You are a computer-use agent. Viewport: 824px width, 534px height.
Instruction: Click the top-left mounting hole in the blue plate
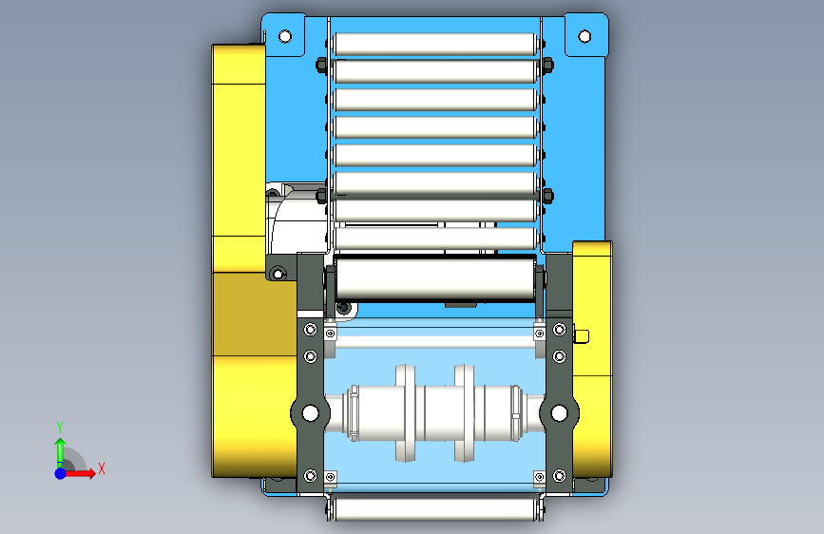point(285,36)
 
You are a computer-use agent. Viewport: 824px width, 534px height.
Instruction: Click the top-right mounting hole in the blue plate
point(584,36)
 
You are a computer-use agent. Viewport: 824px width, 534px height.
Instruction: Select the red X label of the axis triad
point(102,468)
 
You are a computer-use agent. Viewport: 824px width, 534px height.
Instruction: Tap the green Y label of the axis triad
point(60,428)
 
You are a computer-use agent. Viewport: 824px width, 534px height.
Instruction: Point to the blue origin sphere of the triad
point(61,473)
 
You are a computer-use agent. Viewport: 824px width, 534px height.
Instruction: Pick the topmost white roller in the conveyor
point(435,44)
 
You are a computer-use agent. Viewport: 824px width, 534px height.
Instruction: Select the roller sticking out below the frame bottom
point(435,509)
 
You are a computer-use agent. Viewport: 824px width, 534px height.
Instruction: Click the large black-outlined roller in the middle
point(435,278)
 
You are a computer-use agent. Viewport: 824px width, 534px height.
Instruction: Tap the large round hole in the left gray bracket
point(311,412)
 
